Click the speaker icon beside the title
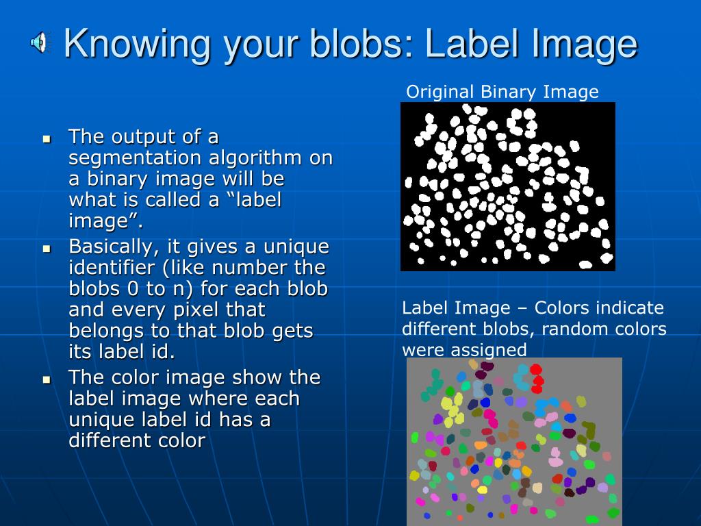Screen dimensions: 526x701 (x=39, y=43)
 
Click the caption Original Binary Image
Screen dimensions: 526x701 (x=502, y=92)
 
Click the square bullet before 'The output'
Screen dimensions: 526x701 (x=47, y=138)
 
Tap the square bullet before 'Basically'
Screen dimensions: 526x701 (x=47, y=248)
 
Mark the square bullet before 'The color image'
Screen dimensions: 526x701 (x=47, y=379)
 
